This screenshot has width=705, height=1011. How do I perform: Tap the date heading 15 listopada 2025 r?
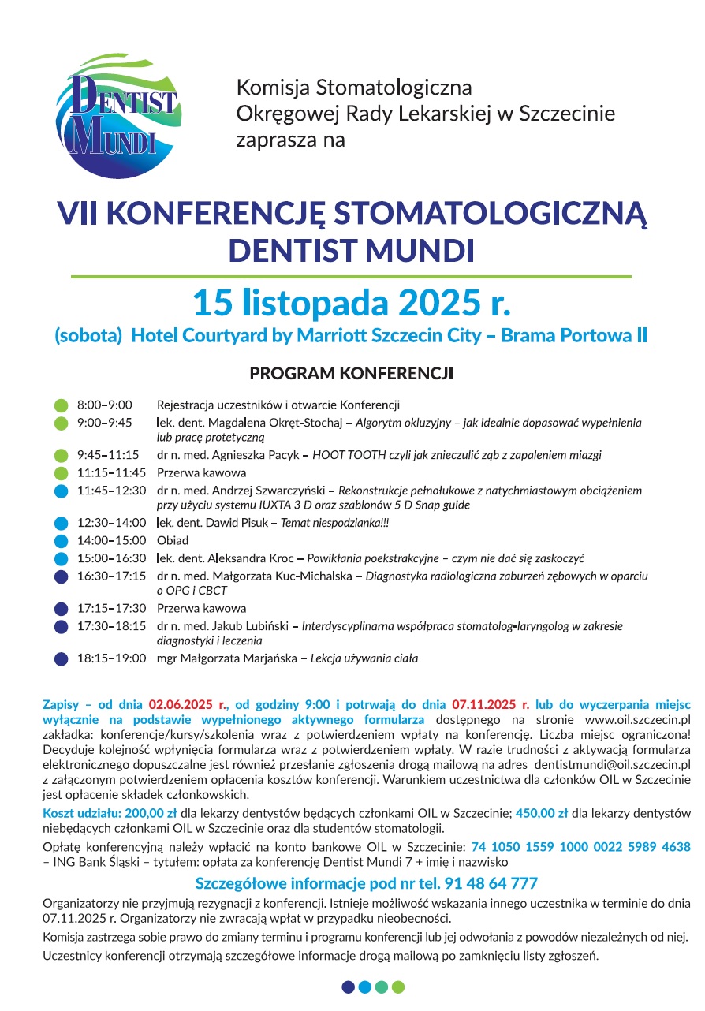[352, 303]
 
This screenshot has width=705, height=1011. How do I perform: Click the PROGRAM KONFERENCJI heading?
[352, 373]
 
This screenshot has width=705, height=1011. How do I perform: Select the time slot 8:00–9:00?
[105, 405]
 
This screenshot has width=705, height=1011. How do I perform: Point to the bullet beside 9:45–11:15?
[61, 456]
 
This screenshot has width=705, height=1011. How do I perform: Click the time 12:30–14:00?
[111, 523]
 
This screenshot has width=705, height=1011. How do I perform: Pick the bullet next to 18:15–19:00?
[61, 658]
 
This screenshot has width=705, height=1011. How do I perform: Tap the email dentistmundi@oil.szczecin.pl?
[602, 765]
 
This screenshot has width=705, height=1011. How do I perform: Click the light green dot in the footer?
[398, 987]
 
